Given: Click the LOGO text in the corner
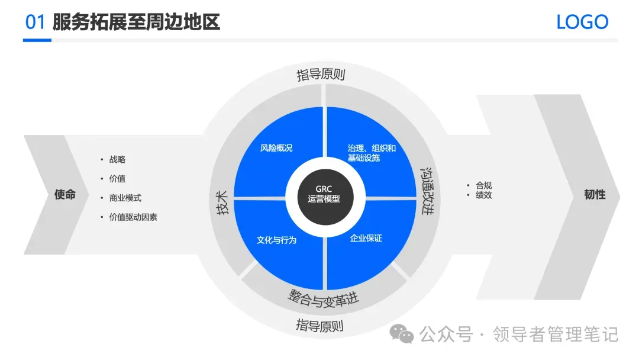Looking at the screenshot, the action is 582,22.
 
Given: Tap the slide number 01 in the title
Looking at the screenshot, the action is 35,22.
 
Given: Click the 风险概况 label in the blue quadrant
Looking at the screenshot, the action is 276,148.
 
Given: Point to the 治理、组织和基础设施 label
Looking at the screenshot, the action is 372,153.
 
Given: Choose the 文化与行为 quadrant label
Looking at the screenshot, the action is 276,240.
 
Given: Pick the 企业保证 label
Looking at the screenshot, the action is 366,238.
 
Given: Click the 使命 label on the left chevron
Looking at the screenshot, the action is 65,194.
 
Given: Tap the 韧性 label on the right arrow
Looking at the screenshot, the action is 595,194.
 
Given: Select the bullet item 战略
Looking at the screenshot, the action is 117,159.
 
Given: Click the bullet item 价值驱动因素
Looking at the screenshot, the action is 133,217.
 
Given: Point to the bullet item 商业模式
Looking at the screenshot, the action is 125,198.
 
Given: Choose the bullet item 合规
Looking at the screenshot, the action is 483,185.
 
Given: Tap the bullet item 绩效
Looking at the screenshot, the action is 483,195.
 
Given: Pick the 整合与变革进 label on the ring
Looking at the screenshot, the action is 324,298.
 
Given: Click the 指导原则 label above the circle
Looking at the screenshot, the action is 321,75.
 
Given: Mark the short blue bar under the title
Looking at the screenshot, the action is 37,40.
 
